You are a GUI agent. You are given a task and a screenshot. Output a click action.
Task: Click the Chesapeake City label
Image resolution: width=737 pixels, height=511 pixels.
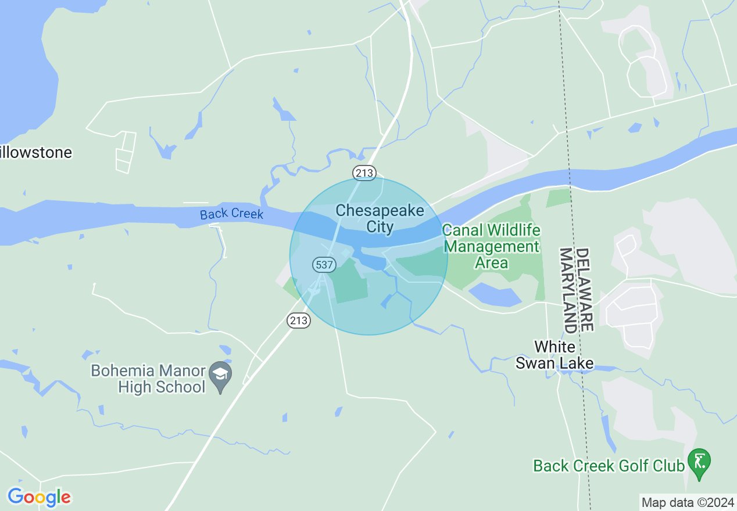(x=380, y=218)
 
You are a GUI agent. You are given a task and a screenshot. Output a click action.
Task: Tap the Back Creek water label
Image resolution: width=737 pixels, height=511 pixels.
(x=231, y=214)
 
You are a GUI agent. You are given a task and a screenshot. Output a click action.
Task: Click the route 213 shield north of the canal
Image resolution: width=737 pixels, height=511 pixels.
(x=364, y=172)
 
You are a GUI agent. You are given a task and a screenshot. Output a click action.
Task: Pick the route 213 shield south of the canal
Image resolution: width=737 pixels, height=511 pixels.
(x=298, y=320)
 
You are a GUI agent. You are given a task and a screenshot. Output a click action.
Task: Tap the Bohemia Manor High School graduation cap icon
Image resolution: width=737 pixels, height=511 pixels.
(x=220, y=375)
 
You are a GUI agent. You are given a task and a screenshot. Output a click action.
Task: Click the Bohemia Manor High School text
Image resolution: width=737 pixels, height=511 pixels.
(x=148, y=379)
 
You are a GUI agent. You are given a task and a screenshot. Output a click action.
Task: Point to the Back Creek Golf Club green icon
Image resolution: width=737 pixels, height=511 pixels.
(x=699, y=462)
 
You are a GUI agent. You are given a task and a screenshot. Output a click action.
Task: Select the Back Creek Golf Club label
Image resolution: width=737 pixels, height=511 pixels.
(x=609, y=466)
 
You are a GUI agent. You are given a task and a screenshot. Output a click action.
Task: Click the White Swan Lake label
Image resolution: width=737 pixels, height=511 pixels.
(x=555, y=355)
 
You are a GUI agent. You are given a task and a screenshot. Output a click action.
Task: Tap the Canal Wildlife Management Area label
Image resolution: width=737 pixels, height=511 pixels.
(x=491, y=246)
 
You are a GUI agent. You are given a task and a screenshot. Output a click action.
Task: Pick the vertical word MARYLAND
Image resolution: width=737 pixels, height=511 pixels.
(x=567, y=290)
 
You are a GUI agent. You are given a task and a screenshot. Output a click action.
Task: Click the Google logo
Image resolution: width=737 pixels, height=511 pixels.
(x=39, y=497)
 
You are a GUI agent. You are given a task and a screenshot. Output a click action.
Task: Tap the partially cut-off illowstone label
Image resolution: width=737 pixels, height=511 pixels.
(x=36, y=153)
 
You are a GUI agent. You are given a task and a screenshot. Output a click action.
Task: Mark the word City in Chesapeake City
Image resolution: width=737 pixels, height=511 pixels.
(x=380, y=226)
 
